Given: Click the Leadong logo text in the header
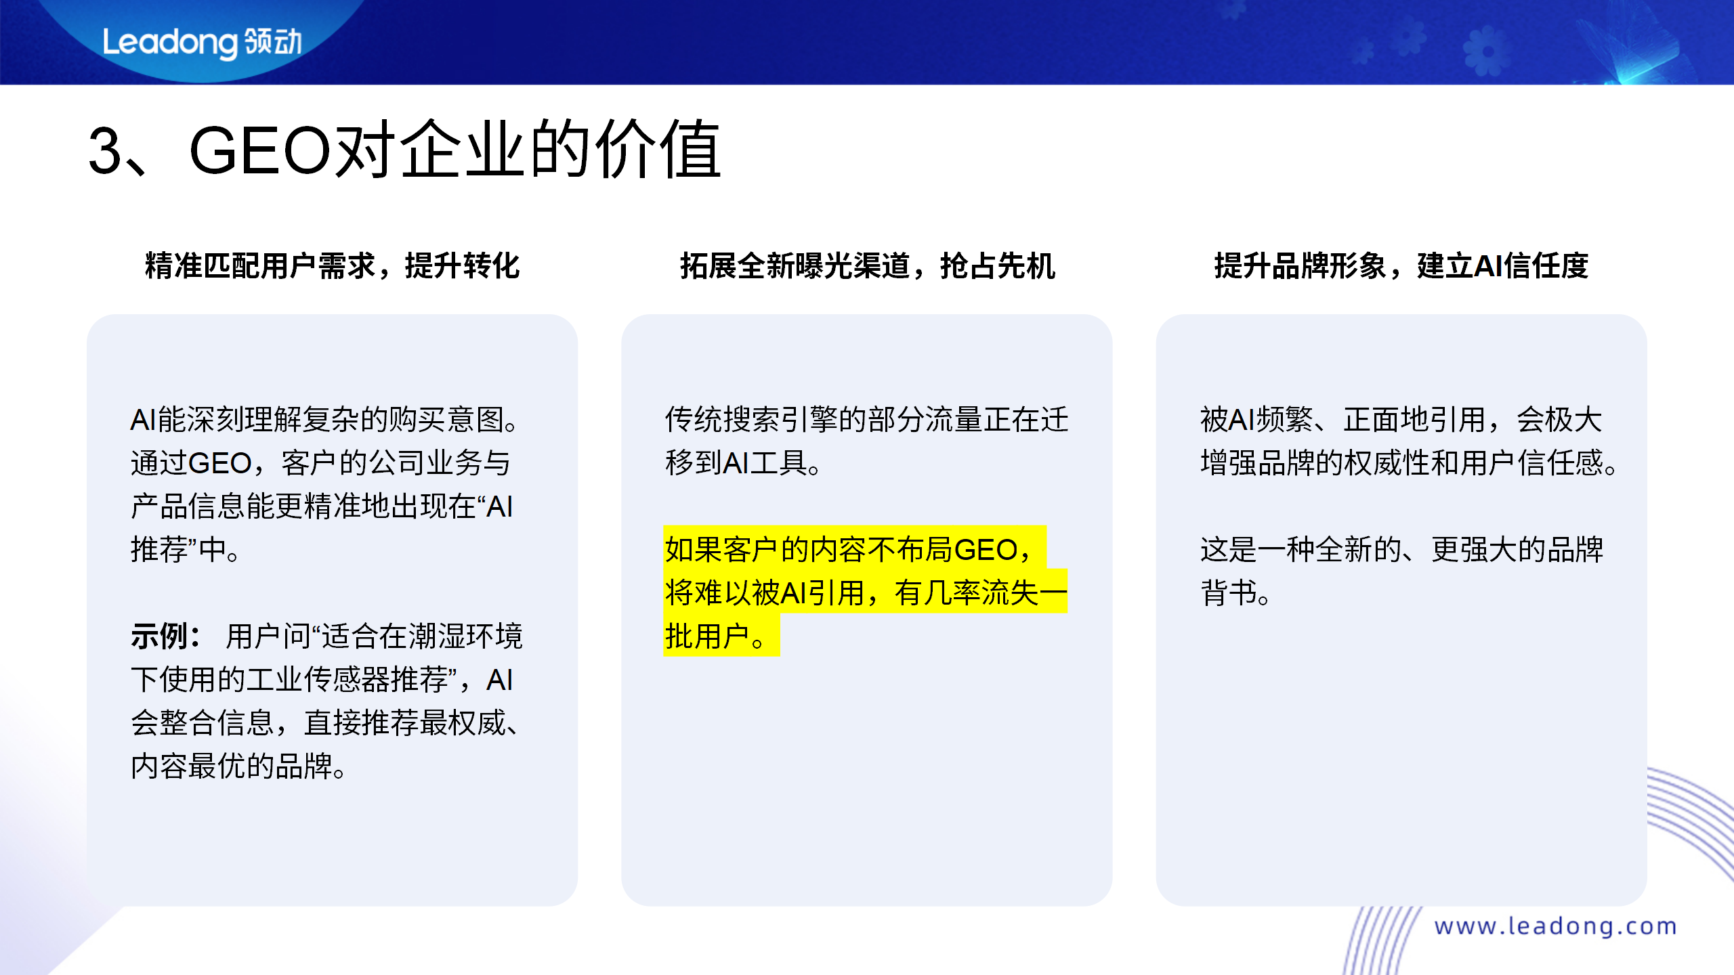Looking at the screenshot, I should click(169, 43).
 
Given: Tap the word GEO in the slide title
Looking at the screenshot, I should click(260, 151).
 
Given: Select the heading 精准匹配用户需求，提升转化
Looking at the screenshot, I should click(332, 265).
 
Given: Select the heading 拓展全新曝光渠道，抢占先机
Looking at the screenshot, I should click(867, 265).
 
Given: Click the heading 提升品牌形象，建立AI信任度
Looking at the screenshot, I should click(1401, 265).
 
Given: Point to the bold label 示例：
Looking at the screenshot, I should click(165, 636).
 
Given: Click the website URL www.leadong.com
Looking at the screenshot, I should click(1555, 926).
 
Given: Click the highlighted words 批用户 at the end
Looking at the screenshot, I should click(707, 636).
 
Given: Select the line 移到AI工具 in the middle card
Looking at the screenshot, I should click(742, 463).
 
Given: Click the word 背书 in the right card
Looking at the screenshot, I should click(1229, 593).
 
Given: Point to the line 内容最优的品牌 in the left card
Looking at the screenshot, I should click(237, 766).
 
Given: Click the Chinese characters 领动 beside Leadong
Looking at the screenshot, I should click(273, 42).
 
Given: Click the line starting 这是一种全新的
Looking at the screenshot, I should click(1401, 549).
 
